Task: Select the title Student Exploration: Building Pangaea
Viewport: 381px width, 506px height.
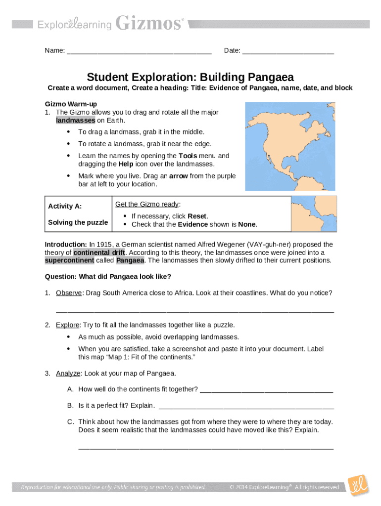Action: tap(190, 77)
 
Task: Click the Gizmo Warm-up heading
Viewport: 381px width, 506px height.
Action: tap(71, 104)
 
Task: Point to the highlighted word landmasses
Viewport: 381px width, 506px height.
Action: tap(75, 120)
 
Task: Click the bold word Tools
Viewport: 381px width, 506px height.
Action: tap(188, 156)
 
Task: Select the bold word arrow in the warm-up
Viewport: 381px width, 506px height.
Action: tap(179, 176)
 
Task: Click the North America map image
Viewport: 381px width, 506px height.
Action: tap(290, 146)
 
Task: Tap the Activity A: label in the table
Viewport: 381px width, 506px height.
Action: tap(65, 206)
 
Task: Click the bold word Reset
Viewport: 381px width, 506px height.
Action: tap(198, 216)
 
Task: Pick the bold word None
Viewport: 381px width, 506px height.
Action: tap(247, 224)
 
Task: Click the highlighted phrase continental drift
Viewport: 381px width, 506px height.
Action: tap(99, 253)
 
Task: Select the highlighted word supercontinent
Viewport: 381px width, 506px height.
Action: tap(69, 260)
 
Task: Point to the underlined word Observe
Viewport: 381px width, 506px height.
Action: tap(69, 293)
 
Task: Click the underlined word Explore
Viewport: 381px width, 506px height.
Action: tap(67, 325)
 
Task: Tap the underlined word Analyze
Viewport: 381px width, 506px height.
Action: tap(68, 373)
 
